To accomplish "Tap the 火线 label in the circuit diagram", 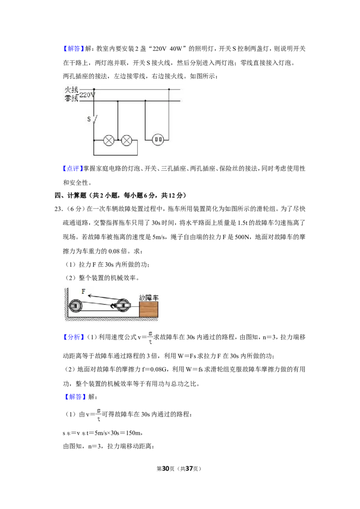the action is (x=72, y=89).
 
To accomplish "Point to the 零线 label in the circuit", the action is (x=72, y=98).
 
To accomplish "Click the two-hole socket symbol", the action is (x=158, y=139).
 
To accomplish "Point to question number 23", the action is (x=59, y=209).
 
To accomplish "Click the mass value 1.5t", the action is (x=243, y=223).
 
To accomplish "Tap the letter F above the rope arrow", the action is (x=84, y=291).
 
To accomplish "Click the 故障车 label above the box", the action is (x=149, y=297).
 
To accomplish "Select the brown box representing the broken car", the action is (x=149, y=309).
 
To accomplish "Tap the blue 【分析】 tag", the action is (x=73, y=337).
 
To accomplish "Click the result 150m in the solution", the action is (x=133, y=433).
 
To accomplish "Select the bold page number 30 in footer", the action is (x=166, y=469).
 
